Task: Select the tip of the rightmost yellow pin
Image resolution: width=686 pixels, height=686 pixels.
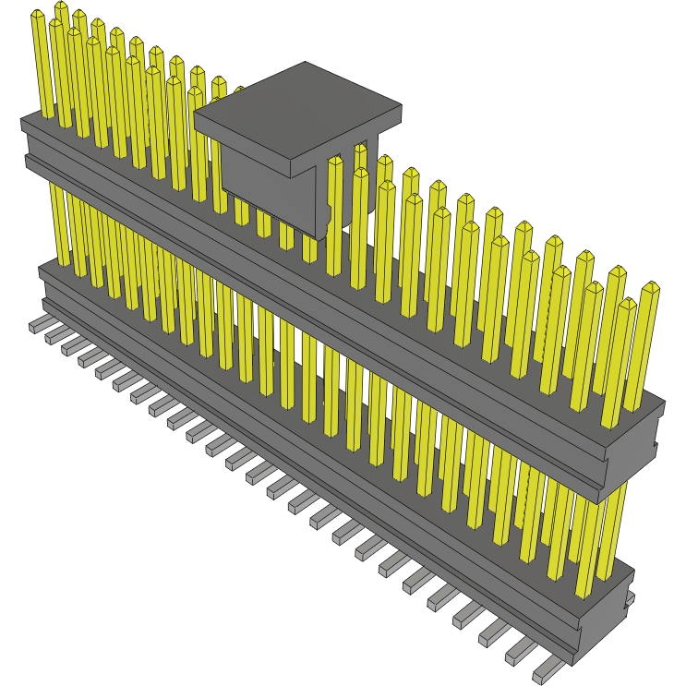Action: click(x=652, y=288)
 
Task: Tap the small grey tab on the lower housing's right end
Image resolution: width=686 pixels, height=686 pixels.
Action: click(x=631, y=600)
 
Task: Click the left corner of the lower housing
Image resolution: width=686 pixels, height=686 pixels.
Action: click(x=40, y=269)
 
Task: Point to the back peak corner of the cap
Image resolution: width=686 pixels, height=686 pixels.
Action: click(x=305, y=63)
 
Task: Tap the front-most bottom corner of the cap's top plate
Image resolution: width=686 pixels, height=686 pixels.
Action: click(x=295, y=177)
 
